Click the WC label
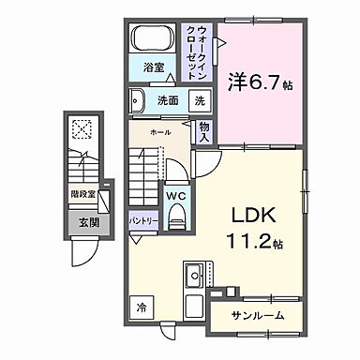pyautogui.click(x=175, y=196)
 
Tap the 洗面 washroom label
pyautogui.click(x=168, y=99)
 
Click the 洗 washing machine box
pyautogui.click(x=201, y=99)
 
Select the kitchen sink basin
pyautogui.click(x=195, y=277)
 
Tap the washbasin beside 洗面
pyautogui.click(x=136, y=99)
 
